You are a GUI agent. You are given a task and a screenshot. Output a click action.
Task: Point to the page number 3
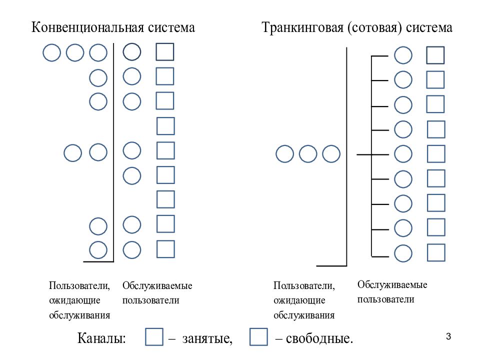click(x=448, y=336)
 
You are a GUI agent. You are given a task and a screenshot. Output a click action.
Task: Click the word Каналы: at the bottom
click(x=101, y=338)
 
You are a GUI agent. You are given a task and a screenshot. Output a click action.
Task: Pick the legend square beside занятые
click(x=154, y=336)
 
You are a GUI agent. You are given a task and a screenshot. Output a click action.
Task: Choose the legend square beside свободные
click(x=258, y=336)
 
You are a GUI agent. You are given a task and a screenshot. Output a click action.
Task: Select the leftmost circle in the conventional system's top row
click(x=51, y=52)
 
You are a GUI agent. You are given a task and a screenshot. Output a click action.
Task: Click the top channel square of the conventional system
click(x=165, y=51)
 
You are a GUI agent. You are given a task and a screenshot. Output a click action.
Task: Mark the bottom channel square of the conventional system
click(x=165, y=249)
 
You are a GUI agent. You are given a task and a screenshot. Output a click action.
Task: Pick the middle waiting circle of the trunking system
click(x=308, y=153)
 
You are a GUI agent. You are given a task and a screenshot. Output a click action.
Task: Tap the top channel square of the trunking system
click(x=435, y=55)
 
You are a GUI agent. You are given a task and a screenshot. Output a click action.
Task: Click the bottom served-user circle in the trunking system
click(x=403, y=253)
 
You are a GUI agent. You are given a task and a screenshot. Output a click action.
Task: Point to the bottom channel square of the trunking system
click(x=436, y=252)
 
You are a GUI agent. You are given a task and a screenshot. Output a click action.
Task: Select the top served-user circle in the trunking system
click(x=403, y=55)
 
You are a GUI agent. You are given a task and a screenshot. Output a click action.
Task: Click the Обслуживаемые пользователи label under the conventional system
click(x=157, y=293)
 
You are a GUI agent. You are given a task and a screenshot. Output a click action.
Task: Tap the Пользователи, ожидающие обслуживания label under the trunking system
click(x=304, y=300)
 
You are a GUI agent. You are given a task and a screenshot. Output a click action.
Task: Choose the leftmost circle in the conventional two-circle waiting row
click(x=73, y=153)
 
